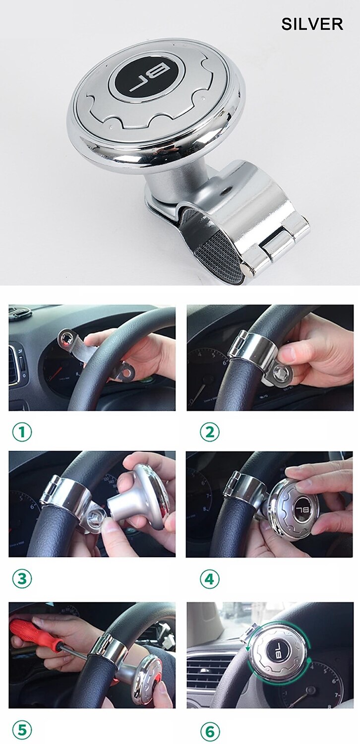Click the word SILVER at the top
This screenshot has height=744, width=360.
point(312,24)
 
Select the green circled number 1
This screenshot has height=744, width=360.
point(22,433)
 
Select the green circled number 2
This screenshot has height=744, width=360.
point(210,433)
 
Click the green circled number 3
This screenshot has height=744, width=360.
point(22,578)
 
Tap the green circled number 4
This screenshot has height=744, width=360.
point(210,579)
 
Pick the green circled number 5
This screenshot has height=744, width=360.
point(22,730)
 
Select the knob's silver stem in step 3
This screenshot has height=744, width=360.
point(125,506)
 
